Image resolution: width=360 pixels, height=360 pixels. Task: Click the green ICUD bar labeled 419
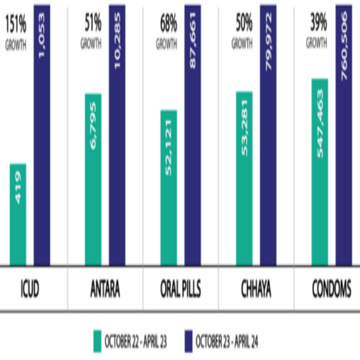[x=18, y=215]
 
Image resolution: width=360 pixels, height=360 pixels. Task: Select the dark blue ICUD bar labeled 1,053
[x=42, y=136]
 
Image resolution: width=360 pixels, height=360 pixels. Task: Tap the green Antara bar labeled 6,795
[x=93, y=180]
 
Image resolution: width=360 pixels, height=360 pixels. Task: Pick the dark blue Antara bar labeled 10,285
[x=117, y=136]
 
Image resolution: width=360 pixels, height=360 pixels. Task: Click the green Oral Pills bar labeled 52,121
[x=169, y=187]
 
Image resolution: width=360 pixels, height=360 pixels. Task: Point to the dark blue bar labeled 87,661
[x=193, y=136]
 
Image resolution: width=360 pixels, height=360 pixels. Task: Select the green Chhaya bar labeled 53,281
[x=244, y=178]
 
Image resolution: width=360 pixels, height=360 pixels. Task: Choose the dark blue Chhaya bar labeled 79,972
[x=268, y=136]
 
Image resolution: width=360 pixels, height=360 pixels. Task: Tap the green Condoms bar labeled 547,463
[x=320, y=172]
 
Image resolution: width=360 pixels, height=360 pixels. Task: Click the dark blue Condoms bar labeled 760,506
[x=344, y=136]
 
